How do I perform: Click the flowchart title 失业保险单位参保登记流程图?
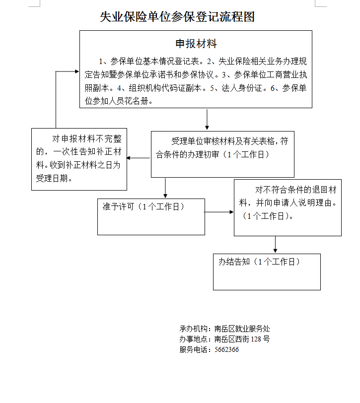[177, 17]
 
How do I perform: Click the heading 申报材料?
[196, 44]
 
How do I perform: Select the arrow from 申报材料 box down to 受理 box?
[207, 119]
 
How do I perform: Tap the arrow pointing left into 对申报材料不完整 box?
[139, 158]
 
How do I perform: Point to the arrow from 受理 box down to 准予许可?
[165, 188]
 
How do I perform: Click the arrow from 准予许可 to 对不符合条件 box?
[219, 212]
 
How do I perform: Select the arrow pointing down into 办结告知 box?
[275, 244]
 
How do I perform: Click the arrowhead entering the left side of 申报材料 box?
[76, 71]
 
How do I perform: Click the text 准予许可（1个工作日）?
[144, 206]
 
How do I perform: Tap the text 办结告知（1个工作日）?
[259, 262]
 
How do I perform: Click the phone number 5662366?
[226, 349]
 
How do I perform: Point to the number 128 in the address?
[256, 339]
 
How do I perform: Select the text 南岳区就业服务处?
[242, 329]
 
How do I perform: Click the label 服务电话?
[193, 349]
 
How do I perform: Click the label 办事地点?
[193, 339]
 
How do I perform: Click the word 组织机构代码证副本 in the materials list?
[165, 88]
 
